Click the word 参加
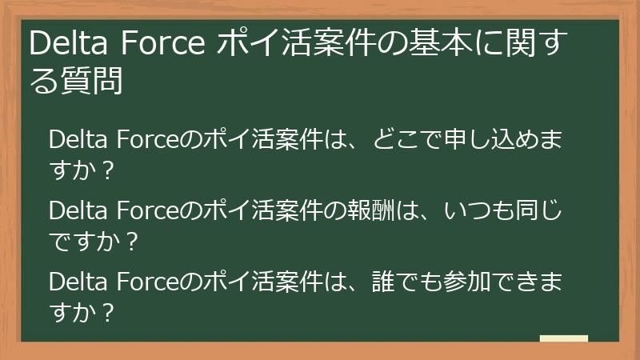pos(493,283)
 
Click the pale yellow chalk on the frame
pos(564,339)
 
